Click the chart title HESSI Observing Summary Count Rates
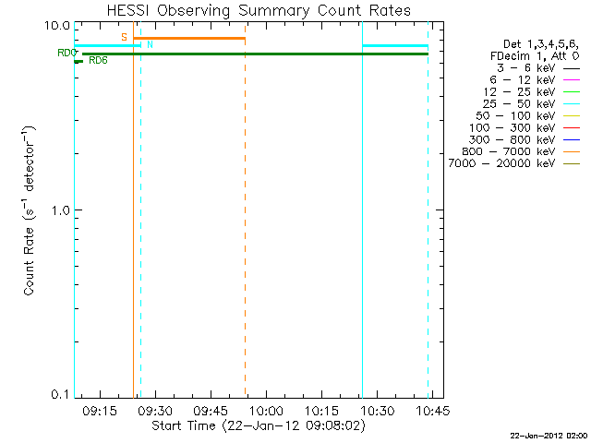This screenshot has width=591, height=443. click(x=258, y=10)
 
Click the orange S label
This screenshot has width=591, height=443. click(x=124, y=37)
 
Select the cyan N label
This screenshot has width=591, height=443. click(x=150, y=44)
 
